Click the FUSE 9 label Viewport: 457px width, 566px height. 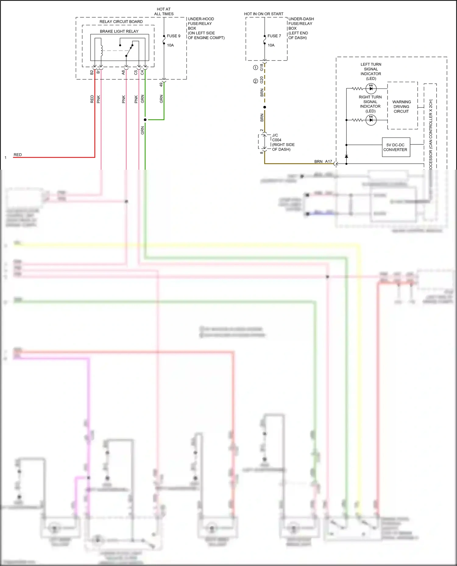[173, 36]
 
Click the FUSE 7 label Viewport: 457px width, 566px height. [274, 36]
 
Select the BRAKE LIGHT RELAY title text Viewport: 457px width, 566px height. [119, 31]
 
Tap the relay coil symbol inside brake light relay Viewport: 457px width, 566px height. [102, 50]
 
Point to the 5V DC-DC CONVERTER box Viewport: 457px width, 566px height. [396, 147]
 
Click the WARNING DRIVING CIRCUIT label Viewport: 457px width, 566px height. [401, 106]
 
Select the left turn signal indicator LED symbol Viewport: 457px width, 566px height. [371, 89]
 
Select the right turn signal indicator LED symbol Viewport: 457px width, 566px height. [371, 120]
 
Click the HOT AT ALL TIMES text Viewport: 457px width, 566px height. [164, 12]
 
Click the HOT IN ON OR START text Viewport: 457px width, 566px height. [264, 14]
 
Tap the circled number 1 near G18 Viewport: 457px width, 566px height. [256, 68]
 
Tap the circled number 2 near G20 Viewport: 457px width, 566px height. [256, 81]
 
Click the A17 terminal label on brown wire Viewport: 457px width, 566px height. [328, 161]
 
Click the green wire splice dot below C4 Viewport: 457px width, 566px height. [145, 120]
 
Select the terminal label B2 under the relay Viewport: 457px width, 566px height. [92, 72]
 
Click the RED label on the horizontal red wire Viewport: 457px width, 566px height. [18, 155]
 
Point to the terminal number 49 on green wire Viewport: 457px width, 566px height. [161, 85]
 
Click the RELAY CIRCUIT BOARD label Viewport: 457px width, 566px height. [121, 22]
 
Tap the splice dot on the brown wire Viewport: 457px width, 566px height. [264, 107]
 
